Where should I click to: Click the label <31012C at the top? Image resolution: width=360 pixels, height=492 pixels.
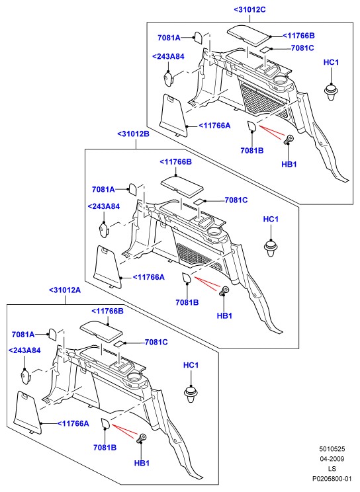pyautogui.click(x=249, y=10)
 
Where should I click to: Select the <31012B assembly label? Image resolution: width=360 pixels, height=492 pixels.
pyautogui.click(x=134, y=134)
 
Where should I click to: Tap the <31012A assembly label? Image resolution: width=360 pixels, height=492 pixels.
pyautogui.click(x=65, y=290)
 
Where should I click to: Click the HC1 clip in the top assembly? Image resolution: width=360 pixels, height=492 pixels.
pyautogui.click(x=331, y=92)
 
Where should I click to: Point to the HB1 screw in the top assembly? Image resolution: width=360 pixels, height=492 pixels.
pyautogui.click(x=289, y=140)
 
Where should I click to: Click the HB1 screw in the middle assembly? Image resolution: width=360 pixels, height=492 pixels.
pyautogui.click(x=224, y=290)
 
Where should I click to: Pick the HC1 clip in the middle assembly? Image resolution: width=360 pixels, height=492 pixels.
pyautogui.click(x=271, y=248)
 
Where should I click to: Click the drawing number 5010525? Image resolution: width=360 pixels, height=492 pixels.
pyautogui.click(x=332, y=449)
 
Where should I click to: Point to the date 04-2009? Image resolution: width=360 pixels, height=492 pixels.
pyautogui.click(x=332, y=459)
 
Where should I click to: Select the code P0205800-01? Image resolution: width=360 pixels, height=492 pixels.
pyautogui.click(x=332, y=479)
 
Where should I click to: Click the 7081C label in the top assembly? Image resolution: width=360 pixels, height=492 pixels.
pyautogui.click(x=302, y=48)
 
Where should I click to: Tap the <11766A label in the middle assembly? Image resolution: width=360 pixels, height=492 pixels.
pyautogui.click(x=149, y=277)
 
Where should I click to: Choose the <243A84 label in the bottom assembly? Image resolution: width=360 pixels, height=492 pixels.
pyautogui.click(x=24, y=350)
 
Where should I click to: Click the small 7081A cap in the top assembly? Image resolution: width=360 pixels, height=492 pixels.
pyautogui.click(x=199, y=38)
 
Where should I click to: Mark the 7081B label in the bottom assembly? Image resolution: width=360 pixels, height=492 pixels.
pyautogui.click(x=105, y=448)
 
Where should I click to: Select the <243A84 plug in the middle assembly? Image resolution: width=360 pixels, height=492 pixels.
pyautogui.click(x=104, y=230)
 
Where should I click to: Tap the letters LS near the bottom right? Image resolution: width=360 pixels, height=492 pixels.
pyautogui.click(x=332, y=469)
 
